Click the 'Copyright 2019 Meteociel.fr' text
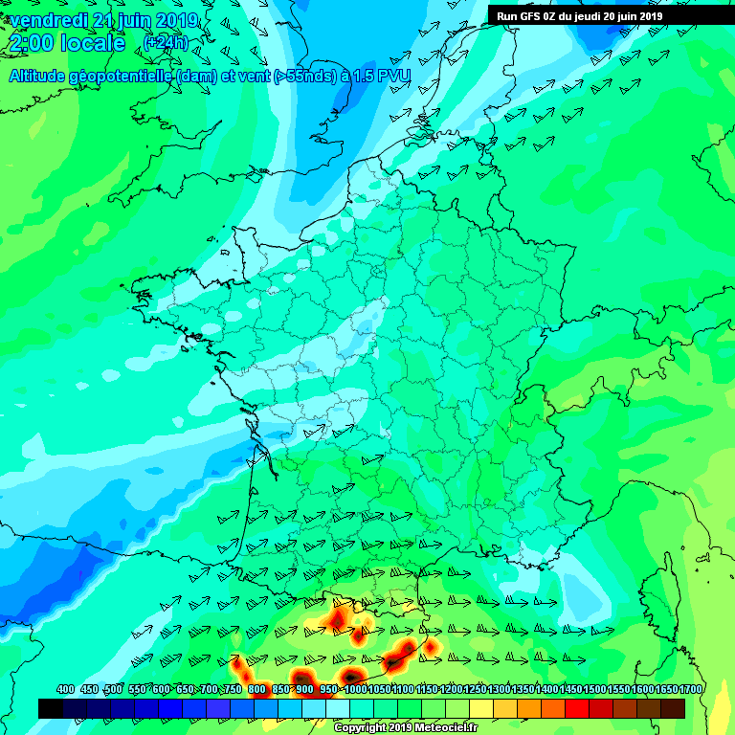point(405,727)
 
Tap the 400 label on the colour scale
point(66,689)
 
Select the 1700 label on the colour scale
point(672,689)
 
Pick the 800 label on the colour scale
point(256,689)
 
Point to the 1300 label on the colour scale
point(497,689)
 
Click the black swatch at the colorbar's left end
point(51,708)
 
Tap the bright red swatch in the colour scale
point(577,708)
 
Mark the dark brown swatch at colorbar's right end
point(673,708)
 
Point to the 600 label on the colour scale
point(161,689)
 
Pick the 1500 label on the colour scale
point(592,689)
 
